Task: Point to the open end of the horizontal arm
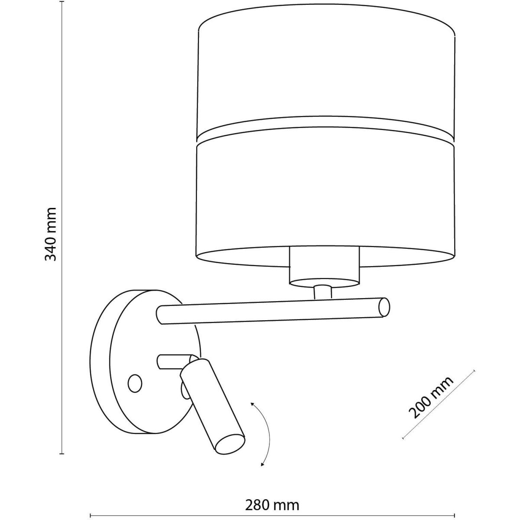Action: pyautogui.click(x=384, y=307)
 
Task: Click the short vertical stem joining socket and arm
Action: pyautogui.click(x=323, y=292)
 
